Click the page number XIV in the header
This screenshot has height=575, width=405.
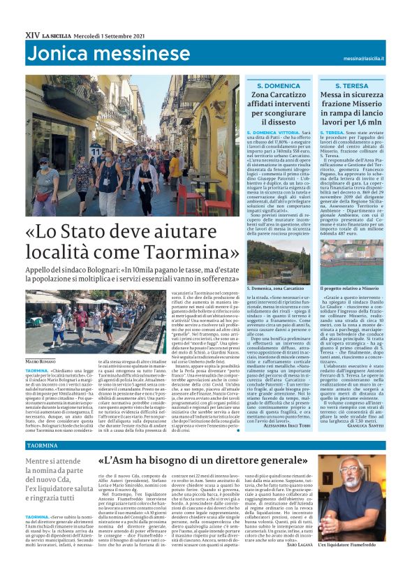32,34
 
